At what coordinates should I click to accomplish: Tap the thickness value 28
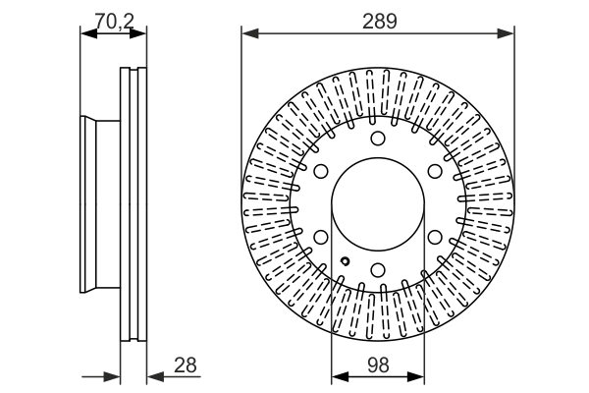coord(184,365)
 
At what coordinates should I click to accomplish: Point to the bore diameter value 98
coord(378,365)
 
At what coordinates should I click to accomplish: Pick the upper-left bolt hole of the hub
coord(322,172)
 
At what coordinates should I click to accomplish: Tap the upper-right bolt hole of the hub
coord(434,172)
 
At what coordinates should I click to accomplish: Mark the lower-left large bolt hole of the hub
coord(322,237)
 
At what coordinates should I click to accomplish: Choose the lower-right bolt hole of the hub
coord(434,237)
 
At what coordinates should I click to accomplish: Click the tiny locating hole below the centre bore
coord(346,261)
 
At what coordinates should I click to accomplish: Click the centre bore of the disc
coord(378,204)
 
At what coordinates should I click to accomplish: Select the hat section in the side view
coord(101,204)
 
